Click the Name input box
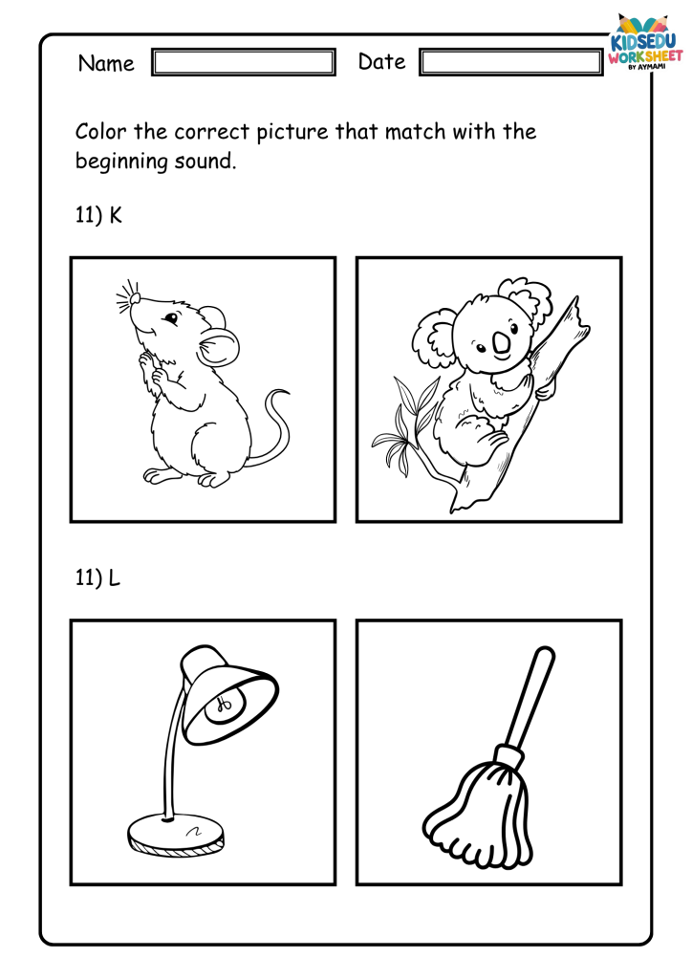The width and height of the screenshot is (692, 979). tap(244, 62)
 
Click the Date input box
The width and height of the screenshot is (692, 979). tap(511, 62)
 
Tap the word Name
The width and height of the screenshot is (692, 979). tap(106, 63)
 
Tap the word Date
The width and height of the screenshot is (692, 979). tap(382, 61)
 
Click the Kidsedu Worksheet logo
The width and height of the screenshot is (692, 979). tap(645, 44)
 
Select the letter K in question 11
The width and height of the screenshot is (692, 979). tap(116, 215)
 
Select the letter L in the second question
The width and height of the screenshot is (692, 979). tap(114, 578)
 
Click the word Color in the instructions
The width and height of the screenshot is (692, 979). tap(101, 132)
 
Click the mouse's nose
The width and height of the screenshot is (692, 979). tap(135, 299)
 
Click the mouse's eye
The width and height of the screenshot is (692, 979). tap(170, 318)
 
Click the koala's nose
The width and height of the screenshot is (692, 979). tap(501, 341)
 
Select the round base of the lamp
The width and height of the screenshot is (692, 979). tap(175, 836)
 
